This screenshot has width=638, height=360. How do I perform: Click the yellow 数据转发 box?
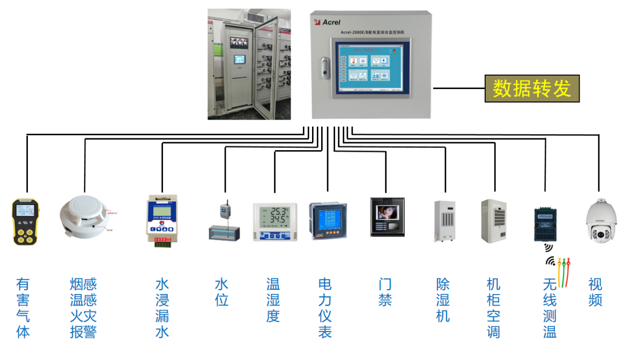pos(532,89)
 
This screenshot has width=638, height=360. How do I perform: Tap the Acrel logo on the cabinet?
pos(327,21)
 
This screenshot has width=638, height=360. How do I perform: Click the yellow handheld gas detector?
pos(26,222)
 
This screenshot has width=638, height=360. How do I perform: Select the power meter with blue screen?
pos(328,220)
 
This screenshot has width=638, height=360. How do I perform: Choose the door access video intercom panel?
pos(387,217)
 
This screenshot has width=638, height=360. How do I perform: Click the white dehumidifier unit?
pos(444,221)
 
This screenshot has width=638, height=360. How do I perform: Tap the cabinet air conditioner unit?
pos(493,221)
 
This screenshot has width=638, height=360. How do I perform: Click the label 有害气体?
pos(23,307)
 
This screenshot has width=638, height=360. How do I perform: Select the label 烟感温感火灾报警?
pos(83,307)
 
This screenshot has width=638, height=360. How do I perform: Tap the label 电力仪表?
pos(325,307)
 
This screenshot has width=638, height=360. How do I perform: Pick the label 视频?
pos(595,291)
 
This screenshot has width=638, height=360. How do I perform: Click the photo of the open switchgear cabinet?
pos(249,64)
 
